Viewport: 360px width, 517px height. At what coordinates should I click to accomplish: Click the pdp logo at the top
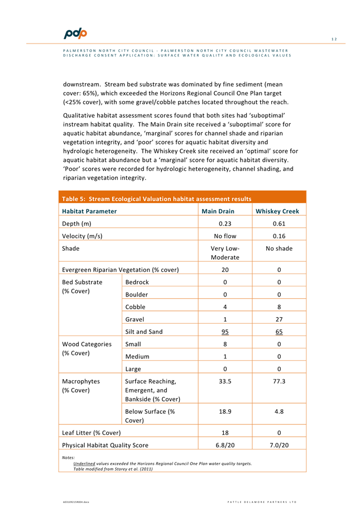(x=75, y=33)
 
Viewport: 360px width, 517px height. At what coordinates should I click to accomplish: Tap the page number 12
(x=334, y=39)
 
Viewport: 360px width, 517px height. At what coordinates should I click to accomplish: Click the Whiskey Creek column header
(x=277, y=212)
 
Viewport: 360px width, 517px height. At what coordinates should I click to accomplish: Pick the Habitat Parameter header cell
(x=89, y=212)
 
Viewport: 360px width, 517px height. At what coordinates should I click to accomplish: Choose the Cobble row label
(x=136, y=307)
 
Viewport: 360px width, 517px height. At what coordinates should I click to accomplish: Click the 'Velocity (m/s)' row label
(x=81, y=236)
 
